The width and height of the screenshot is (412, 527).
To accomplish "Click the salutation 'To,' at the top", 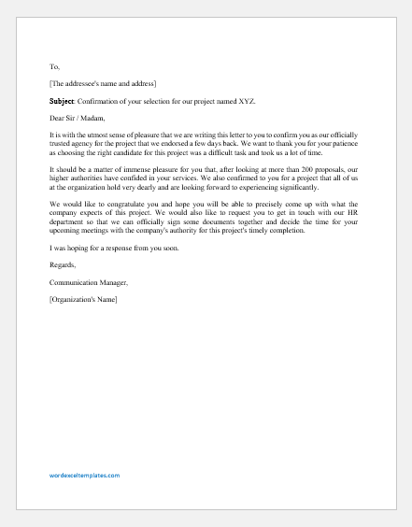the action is pos(53,67).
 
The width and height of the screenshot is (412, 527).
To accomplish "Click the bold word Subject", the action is pos(64,101).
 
